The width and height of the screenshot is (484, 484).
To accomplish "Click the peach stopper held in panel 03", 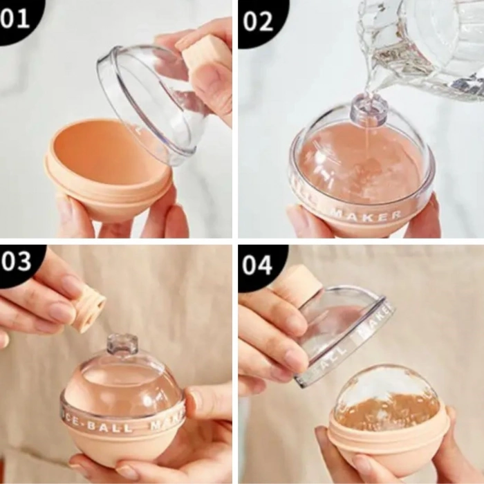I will click(89, 308).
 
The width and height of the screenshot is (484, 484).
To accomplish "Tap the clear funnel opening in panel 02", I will click(368, 109).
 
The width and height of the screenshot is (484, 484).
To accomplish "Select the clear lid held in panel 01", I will click(149, 104).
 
